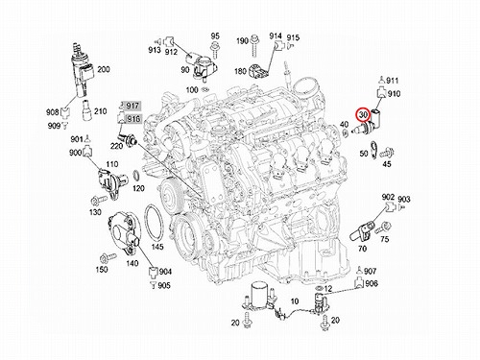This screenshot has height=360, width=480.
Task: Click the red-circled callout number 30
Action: (x=363, y=115)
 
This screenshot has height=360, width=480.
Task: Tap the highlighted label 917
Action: (x=132, y=106)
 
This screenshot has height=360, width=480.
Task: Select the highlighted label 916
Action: (x=132, y=119)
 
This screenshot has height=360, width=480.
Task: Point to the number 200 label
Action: (x=103, y=69)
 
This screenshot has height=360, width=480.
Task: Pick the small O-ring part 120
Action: (x=136, y=176)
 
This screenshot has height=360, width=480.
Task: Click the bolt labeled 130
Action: (x=99, y=201)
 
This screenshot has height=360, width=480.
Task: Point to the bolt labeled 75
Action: (x=383, y=228)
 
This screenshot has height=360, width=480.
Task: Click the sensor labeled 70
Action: (x=361, y=232)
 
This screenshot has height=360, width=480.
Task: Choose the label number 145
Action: (x=157, y=247)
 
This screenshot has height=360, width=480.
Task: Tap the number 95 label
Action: (x=215, y=36)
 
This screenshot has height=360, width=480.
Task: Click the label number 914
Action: (x=276, y=36)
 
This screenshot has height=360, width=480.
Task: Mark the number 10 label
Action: (x=295, y=301)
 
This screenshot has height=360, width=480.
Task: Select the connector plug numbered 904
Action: (x=154, y=272)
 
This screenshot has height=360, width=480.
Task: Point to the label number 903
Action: (x=404, y=200)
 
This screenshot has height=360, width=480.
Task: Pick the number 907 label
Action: (x=370, y=272)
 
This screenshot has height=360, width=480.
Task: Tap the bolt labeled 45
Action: (x=387, y=154)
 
